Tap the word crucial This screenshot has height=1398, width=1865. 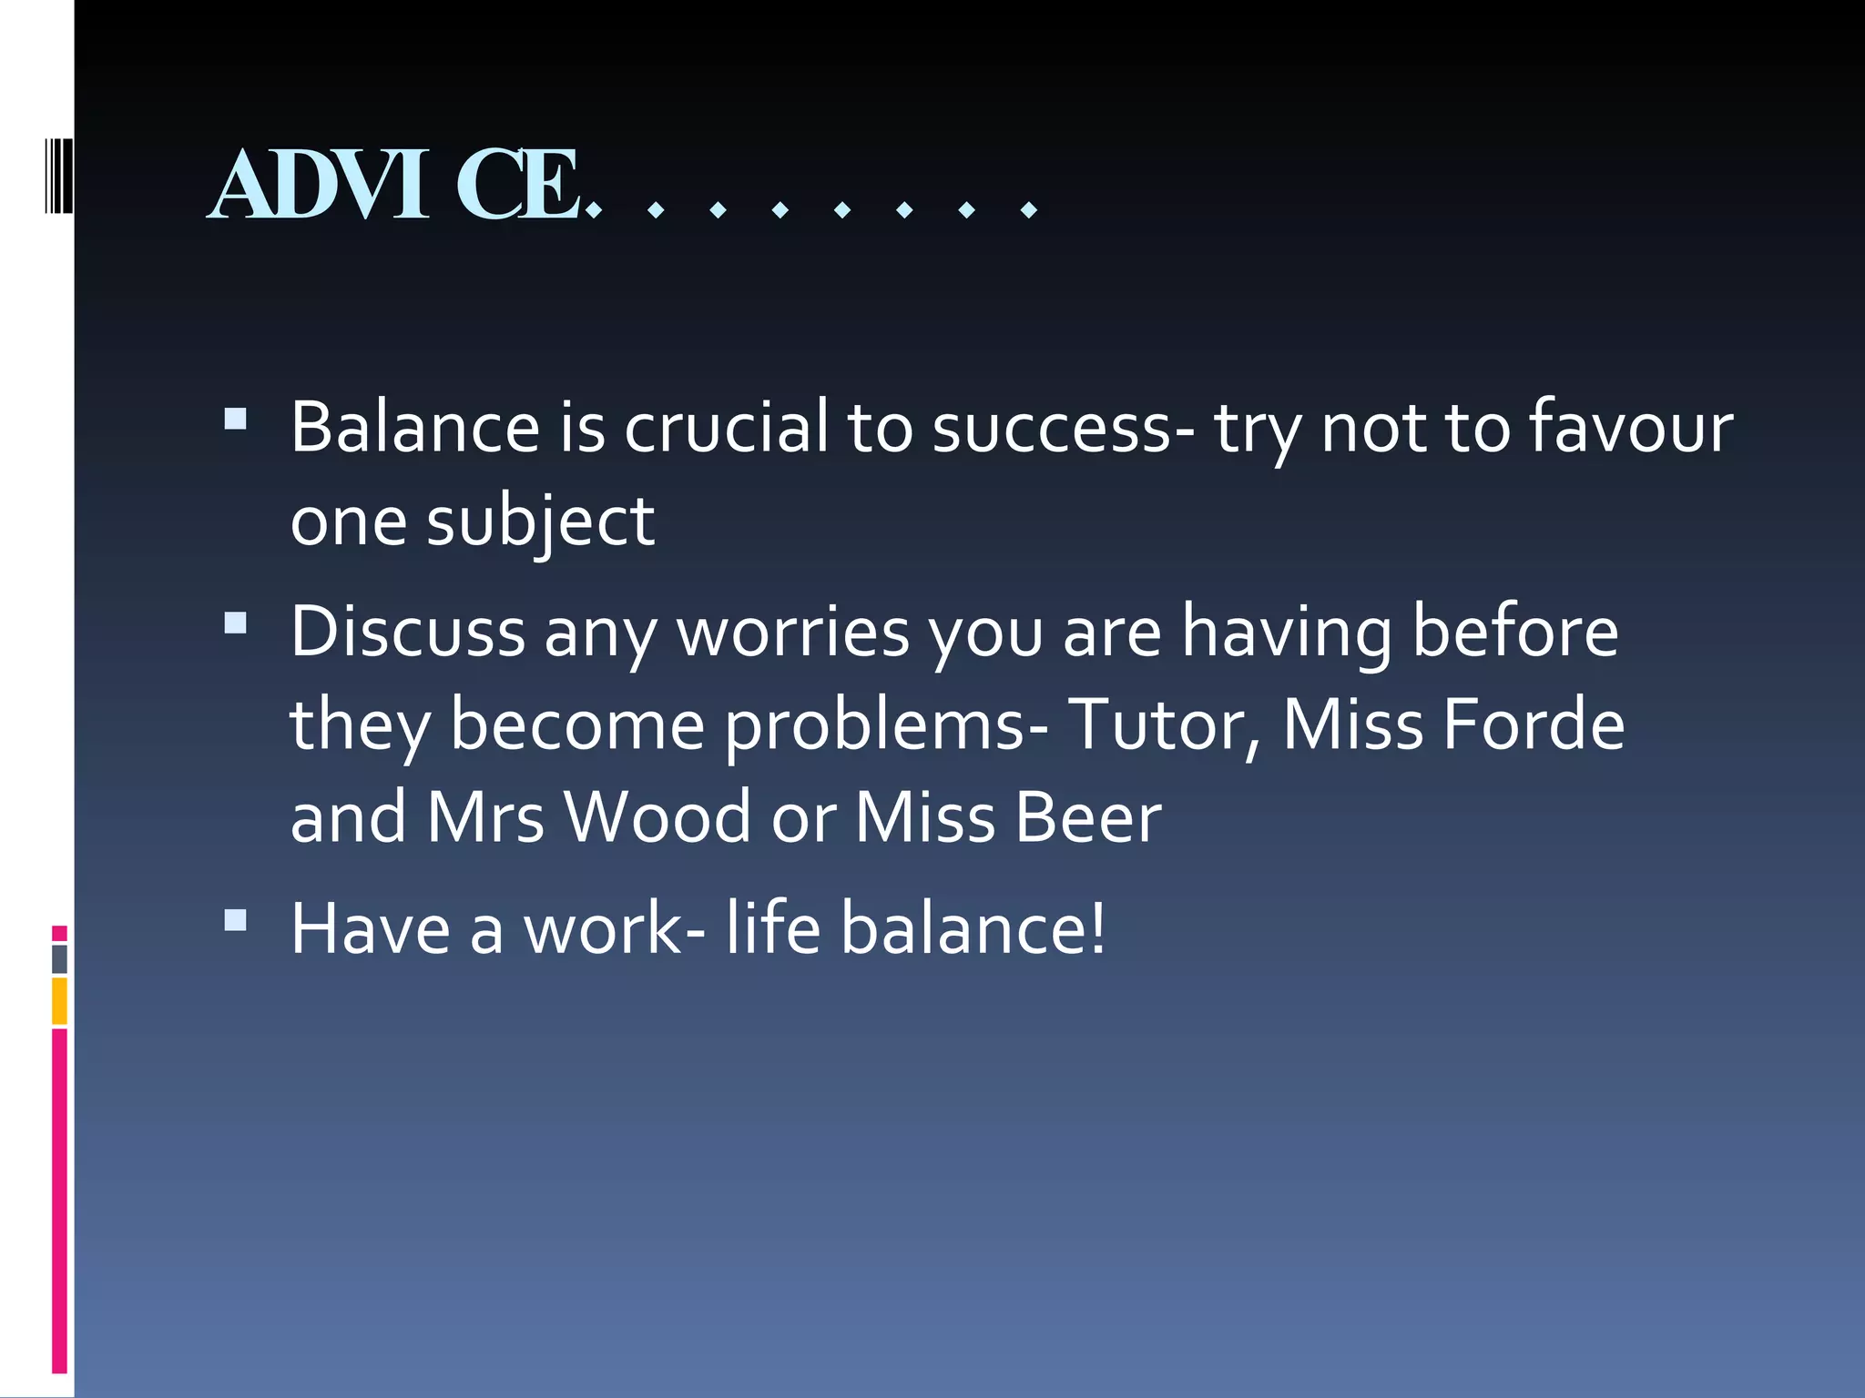[726, 427]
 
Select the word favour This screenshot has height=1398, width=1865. [1629, 427]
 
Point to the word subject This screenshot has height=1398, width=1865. [540, 523]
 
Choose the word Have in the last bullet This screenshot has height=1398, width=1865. [370, 928]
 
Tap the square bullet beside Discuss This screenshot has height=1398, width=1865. [236, 623]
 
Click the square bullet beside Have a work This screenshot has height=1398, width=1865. [236, 920]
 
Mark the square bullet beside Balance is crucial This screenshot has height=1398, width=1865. [236, 419]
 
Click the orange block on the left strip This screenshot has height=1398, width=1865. [59, 1000]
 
